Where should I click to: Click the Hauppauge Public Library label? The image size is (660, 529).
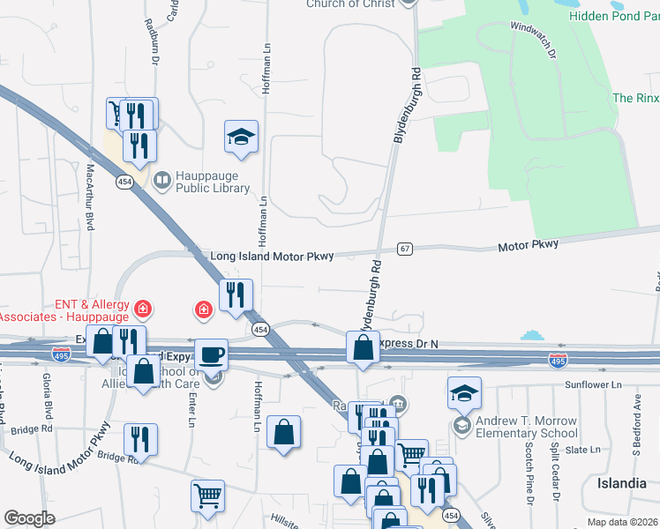coord(213,182)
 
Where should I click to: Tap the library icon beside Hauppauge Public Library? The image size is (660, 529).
coord(162,182)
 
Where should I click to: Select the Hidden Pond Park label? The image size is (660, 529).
coord(614,16)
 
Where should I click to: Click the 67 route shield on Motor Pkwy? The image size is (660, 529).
coord(405,250)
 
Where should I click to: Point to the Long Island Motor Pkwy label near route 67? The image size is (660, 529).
coord(272,257)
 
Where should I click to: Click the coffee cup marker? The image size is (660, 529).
coord(210,354)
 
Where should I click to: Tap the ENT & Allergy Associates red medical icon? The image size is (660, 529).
coord(142,309)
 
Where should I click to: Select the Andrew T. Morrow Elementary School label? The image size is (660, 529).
coord(527,427)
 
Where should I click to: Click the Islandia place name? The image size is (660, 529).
coord(622,483)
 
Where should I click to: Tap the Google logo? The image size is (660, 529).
coord(30,518)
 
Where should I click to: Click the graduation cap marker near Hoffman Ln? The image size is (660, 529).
coord(241,137)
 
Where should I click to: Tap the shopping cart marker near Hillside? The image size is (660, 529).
coord(207,495)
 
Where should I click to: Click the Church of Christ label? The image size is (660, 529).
coord(349,4)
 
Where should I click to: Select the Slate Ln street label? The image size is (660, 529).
coord(582,450)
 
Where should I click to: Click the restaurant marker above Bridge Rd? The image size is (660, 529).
coord(140,438)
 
